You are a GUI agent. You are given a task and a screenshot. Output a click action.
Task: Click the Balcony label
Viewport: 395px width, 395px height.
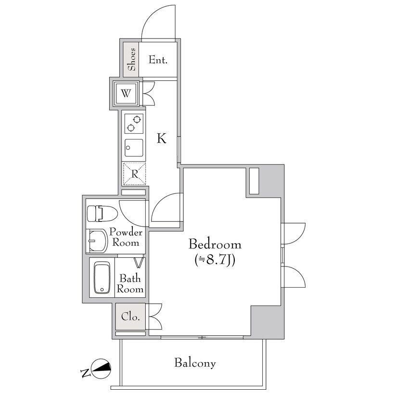click(195, 363)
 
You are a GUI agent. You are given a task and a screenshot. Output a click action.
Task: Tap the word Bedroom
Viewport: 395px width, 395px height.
click(215, 244)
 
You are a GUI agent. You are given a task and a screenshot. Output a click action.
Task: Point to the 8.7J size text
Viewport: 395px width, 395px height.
click(216, 260)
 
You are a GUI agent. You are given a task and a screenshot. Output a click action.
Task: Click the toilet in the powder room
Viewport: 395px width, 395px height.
click(102, 214)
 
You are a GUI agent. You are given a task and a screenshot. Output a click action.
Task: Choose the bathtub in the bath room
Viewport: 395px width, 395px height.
click(102, 277)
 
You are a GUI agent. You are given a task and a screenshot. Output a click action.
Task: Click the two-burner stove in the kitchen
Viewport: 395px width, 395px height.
click(134, 124)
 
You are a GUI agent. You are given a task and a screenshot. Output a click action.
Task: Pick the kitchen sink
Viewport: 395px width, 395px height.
click(134, 148)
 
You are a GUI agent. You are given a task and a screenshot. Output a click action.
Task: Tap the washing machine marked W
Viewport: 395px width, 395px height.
click(126, 93)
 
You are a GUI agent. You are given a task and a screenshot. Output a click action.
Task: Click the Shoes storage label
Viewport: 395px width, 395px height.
click(131, 60)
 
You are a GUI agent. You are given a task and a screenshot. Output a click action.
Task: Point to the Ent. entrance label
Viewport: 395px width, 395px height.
click(158, 60)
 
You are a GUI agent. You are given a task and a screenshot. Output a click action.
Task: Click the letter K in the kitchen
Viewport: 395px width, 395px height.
click(162, 138)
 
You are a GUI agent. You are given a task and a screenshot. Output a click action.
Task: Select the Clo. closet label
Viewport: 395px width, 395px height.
click(130, 317)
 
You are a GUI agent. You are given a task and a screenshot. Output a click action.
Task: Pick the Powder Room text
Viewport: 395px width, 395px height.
click(126, 237)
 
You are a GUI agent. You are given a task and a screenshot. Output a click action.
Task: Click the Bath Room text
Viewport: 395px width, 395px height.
click(130, 284)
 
